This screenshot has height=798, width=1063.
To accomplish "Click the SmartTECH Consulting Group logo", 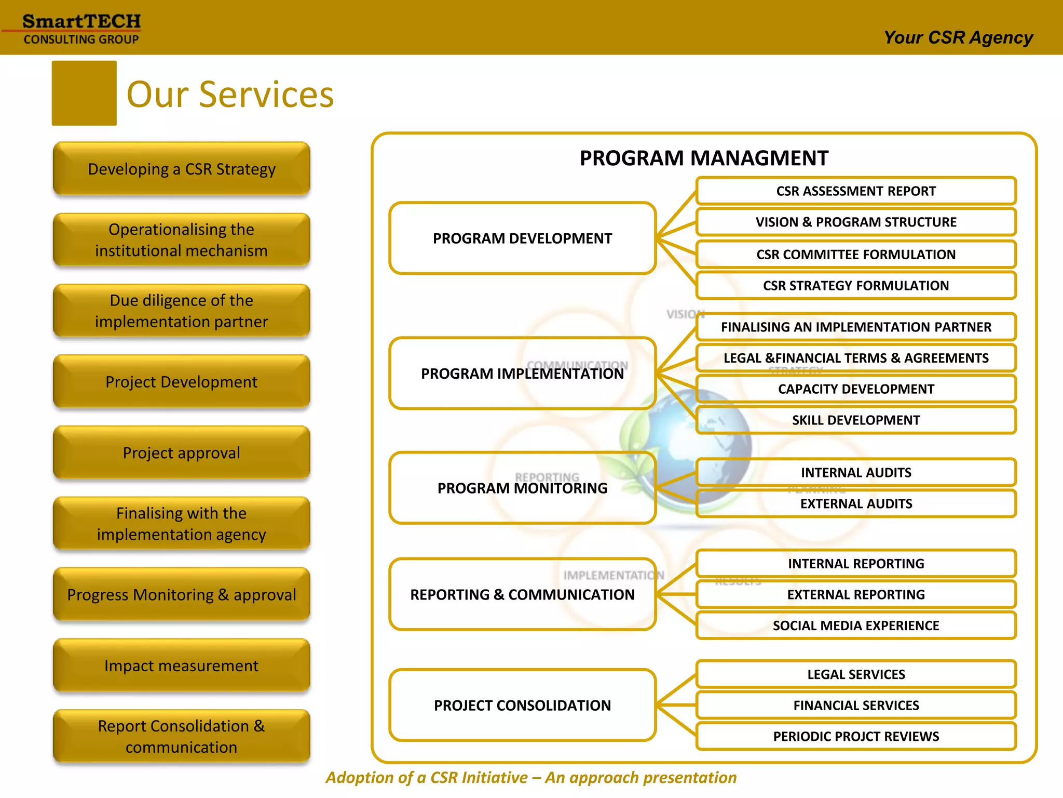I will tap(81, 29).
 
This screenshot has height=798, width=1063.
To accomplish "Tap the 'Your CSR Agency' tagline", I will tap(958, 38).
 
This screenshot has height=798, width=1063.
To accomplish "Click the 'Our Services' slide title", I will tap(230, 95).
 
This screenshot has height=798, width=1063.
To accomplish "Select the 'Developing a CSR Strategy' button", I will tap(182, 169).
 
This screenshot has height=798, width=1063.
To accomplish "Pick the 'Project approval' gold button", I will tap(182, 453).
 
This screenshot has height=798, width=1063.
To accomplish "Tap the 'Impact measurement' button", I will tap(182, 666).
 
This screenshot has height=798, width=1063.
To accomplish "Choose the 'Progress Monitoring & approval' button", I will tap(182, 594).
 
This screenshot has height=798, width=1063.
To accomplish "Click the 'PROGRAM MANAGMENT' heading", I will tap(704, 158).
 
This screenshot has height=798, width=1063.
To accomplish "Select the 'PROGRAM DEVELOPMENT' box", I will tap(522, 238).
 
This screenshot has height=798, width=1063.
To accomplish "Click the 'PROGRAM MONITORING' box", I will tap(522, 488).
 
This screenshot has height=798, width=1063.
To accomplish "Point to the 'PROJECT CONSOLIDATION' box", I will tap(522, 705).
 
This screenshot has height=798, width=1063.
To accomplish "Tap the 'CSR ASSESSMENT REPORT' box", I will tap(856, 191).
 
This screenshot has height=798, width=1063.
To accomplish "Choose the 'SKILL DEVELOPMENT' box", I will tap(856, 420).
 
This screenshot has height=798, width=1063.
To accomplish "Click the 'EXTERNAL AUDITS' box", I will tap(856, 503).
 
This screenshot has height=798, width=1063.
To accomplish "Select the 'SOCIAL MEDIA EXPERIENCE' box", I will tap(856, 626).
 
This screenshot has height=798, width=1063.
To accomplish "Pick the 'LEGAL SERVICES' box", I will tap(856, 674).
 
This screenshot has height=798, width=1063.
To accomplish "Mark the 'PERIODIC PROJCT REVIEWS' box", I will tap(856, 736).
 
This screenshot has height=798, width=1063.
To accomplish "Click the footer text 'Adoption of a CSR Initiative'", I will tap(531, 777).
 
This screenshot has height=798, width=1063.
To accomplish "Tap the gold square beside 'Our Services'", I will tap(84, 94).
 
